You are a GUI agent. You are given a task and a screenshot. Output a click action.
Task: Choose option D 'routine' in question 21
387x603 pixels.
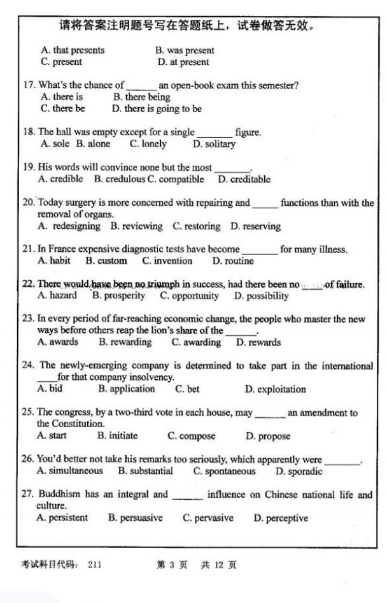pos(233,261)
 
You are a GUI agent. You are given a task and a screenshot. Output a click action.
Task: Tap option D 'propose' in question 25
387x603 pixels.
pos(268,436)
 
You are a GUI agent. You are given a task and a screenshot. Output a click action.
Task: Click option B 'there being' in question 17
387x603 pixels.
pos(142,97)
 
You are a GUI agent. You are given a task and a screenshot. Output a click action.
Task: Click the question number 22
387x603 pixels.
pos(28,284)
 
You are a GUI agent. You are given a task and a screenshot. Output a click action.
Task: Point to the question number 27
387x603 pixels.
pos(28,494)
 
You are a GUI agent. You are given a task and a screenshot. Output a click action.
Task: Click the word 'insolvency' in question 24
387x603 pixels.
pos(150,377)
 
